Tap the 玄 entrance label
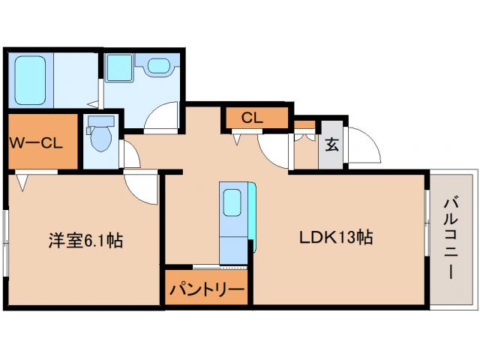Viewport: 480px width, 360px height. click(331, 144)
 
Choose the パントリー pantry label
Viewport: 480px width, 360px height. click(205, 289)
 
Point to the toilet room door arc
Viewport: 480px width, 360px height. click(129, 154)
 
